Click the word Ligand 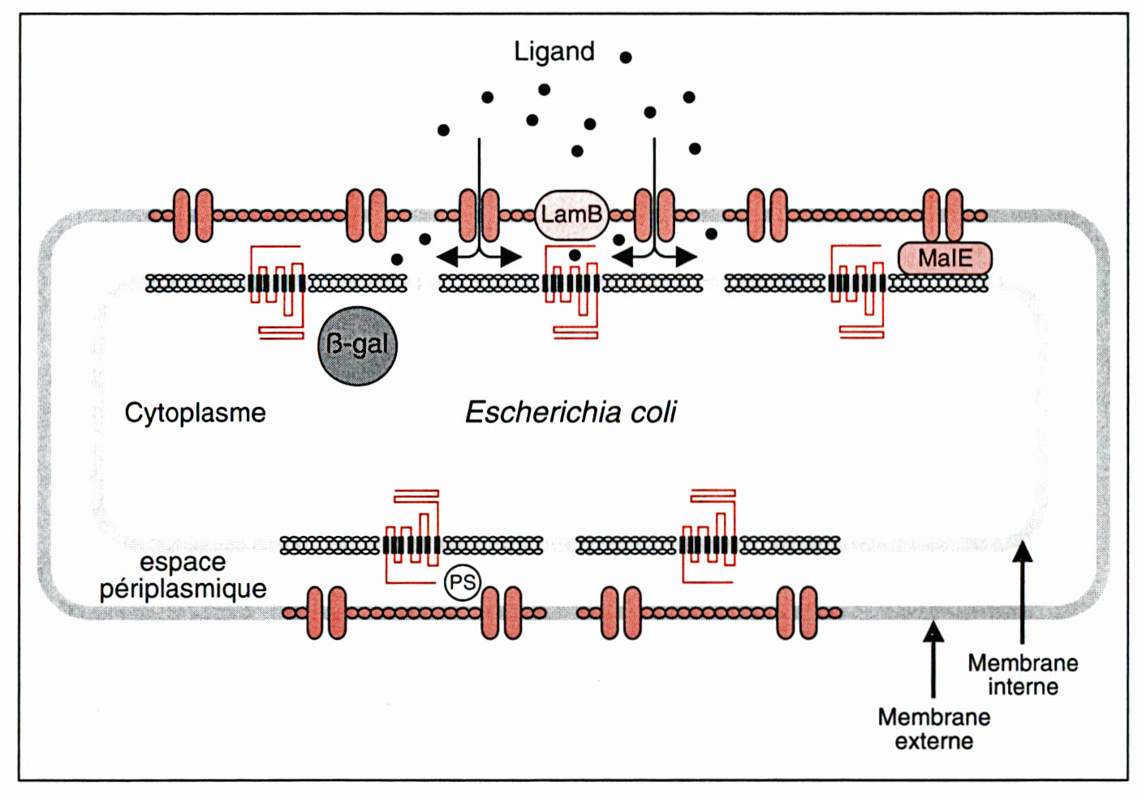click(554, 52)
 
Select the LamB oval click(571, 214)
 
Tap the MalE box click(945, 258)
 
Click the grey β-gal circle click(357, 345)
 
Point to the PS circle click(463, 582)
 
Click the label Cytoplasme click(195, 412)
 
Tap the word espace click(183, 562)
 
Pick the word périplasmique click(183, 589)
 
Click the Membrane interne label click(1023, 675)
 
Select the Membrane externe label click(933, 728)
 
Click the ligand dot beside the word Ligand click(626, 57)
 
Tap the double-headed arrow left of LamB click(479, 257)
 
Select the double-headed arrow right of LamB click(654, 257)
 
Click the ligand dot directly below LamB click(575, 255)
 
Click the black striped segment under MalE click(857, 283)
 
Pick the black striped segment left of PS click(411, 545)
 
